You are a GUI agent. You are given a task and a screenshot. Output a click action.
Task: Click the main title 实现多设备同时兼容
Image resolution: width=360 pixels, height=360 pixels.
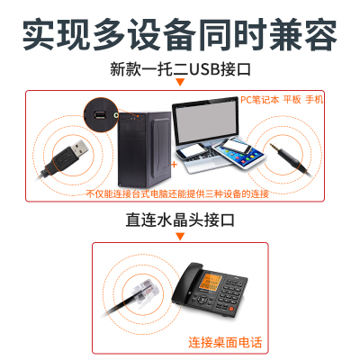pos(180,34)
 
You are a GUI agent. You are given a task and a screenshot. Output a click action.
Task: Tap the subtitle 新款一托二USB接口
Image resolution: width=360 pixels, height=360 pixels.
pos(180,69)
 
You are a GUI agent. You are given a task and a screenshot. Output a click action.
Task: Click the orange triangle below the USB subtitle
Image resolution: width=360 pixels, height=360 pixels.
pos(180,82)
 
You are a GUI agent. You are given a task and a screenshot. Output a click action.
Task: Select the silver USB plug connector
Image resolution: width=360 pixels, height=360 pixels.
pos(79,148)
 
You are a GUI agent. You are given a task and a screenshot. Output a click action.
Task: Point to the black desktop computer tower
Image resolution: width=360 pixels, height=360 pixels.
pos(145,149)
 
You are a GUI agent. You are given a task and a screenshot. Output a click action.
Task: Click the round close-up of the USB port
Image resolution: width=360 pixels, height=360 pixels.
pos(101,114)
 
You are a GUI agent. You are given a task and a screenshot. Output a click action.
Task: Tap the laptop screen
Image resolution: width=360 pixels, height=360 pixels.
pos(206,122)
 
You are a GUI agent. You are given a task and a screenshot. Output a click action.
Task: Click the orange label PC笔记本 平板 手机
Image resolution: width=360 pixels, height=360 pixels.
pos(282,100)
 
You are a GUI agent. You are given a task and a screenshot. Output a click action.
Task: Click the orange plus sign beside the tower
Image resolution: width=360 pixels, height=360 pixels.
pos(174,165)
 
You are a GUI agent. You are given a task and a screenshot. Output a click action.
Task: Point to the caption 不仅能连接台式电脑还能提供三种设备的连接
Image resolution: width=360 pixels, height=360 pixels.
pos(177,193)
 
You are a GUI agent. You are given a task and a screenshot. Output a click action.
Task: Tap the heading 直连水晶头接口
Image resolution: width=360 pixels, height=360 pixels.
pos(180,220)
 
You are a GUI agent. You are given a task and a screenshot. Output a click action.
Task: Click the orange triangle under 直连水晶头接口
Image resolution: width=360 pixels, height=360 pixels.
pos(180,237)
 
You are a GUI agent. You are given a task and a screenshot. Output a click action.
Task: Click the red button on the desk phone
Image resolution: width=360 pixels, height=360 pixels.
pos(231,309)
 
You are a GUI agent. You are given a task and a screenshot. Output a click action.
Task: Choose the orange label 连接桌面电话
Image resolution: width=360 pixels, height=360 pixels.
pos(225,342)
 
